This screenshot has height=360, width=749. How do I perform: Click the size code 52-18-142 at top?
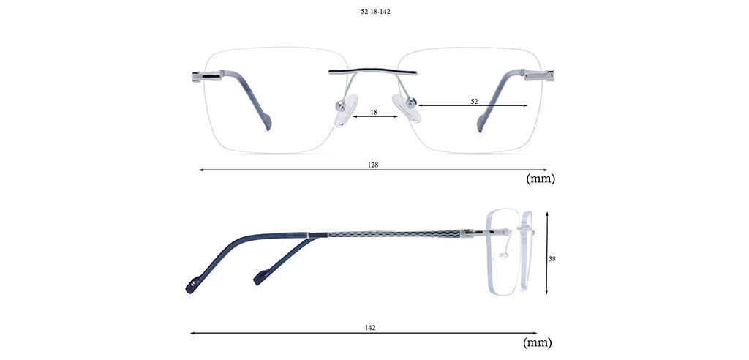pyautogui.click(x=375, y=12)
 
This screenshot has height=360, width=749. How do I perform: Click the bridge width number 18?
pyautogui.click(x=374, y=112)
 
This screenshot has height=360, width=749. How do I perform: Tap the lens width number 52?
pyautogui.click(x=474, y=102)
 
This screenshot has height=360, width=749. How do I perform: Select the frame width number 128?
pyautogui.click(x=373, y=165)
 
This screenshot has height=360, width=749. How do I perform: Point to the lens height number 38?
pyautogui.click(x=552, y=258)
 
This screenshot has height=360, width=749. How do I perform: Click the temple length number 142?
pyautogui.click(x=370, y=328)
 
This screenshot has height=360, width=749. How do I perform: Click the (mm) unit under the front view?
pyautogui.click(x=541, y=179)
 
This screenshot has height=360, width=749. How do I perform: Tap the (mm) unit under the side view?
pyautogui.click(x=538, y=342)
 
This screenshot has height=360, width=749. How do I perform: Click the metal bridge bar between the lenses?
pyautogui.click(x=372, y=72)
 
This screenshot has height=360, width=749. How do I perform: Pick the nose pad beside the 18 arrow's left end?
pyautogui.click(x=347, y=110)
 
